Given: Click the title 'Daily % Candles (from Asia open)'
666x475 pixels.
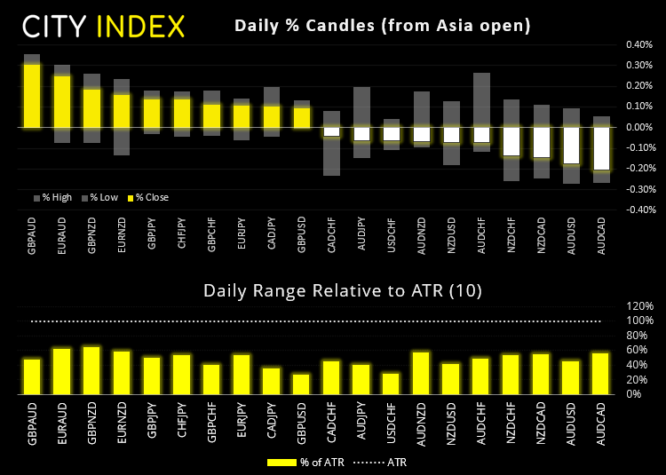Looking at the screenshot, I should click(x=382, y=26).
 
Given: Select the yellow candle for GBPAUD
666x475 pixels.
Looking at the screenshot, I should click(x=32, y=96).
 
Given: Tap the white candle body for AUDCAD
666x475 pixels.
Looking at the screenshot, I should click(x=601, y=148).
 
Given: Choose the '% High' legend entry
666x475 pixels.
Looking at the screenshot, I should click(x=52, y=197).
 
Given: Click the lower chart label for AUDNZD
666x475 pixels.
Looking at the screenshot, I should click(x=421, y=418).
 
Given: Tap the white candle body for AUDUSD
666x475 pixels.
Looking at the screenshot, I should click(x=571, y=146).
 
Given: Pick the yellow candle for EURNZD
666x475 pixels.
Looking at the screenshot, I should click(x=122, y=111).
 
